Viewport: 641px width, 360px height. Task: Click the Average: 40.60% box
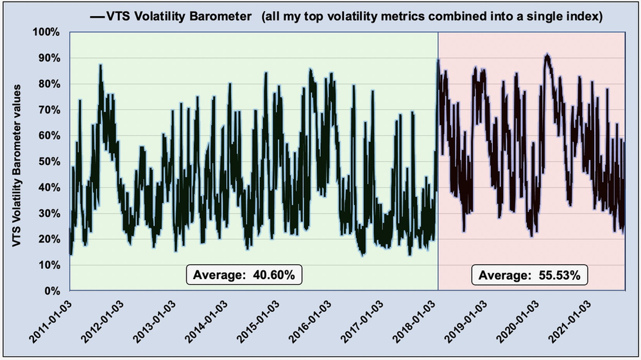[244, 275]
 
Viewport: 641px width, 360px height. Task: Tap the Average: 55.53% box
[529, 275]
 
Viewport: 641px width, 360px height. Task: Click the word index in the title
[587, 17]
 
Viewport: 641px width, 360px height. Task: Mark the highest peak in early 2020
[547, 56]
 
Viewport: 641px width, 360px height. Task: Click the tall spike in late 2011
[101, 65]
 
